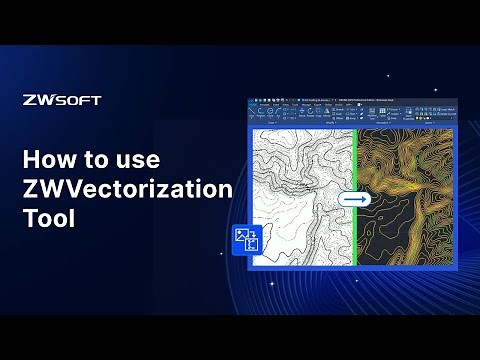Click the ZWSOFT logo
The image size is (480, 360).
(61, 100)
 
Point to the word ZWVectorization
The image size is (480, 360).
(127, 189)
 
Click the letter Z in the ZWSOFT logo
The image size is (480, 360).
(28, 100)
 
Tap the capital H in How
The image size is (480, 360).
(32, 160)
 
